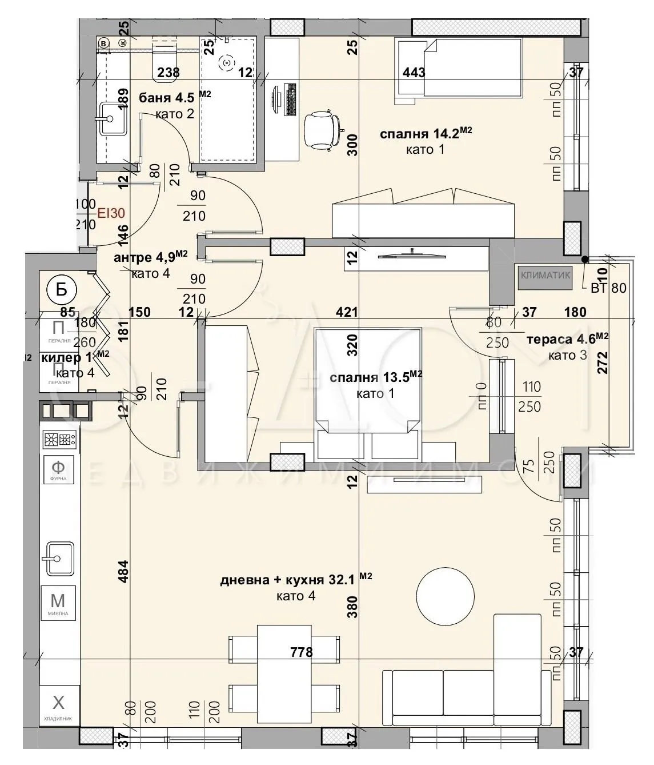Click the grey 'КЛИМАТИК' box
(545, 275)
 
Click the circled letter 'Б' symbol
(61, 289)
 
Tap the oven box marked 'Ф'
(58, 469)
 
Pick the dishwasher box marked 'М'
(58, 603)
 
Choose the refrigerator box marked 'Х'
(58, 704)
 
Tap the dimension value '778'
(301, 652)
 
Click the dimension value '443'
(414, 72)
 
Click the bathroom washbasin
(111, 118)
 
